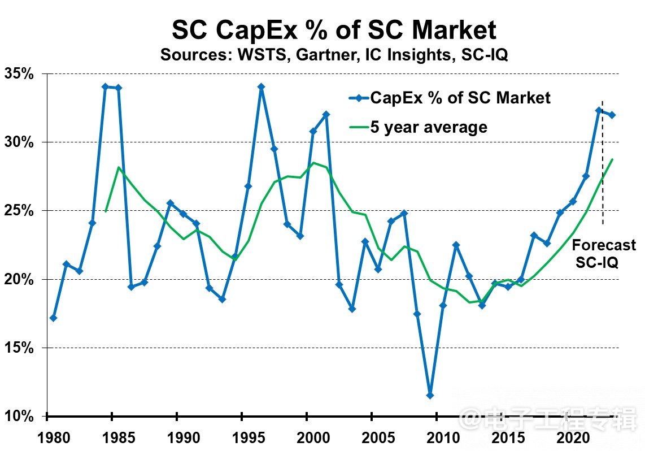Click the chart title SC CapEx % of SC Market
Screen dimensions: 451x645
[x=334, y=30]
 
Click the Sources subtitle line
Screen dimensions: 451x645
[x=334, y=55]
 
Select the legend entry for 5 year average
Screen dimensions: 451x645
[x=429, y=127]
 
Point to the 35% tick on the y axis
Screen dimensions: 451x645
[x=20, y=73]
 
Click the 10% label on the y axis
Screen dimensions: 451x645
[x=20, y=417]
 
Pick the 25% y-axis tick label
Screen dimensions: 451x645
[x=20, y=211]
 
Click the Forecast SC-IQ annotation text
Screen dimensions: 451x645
[x=604, y=253]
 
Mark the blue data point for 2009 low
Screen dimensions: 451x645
[x=430, y=395]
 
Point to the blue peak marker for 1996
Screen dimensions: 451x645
[x=261, y=87]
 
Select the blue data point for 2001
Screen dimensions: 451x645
[x=326, y=114]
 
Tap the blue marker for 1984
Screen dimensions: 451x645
[x=105, y=86]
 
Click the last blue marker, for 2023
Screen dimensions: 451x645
[x=612, y=115]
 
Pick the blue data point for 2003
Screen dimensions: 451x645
[x=352, y=309]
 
